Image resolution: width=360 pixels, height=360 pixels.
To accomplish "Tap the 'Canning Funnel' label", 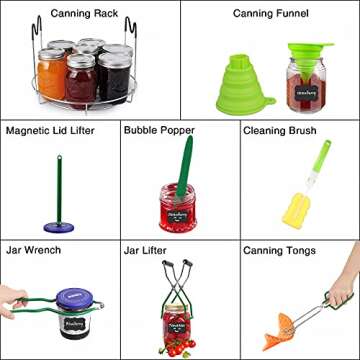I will pos(270,13).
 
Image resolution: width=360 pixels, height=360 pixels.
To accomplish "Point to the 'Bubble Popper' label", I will pos(159,131).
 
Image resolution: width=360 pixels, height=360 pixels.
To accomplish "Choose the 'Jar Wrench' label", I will pos(33,249).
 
